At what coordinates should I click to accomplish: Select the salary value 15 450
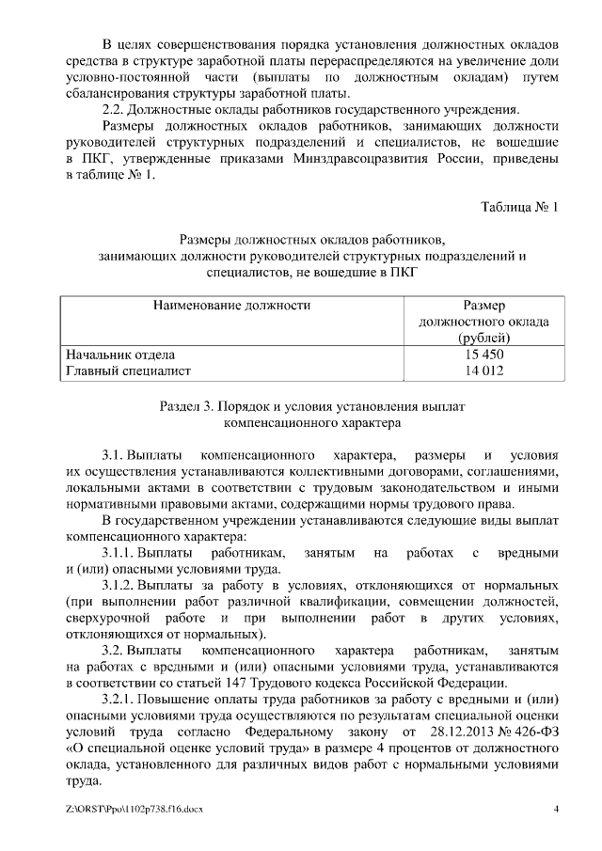click(483, 355)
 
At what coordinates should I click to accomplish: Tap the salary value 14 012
click(483, 370)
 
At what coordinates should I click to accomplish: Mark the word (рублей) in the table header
click(484, 338)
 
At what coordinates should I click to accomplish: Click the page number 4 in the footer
click(556, 809)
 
